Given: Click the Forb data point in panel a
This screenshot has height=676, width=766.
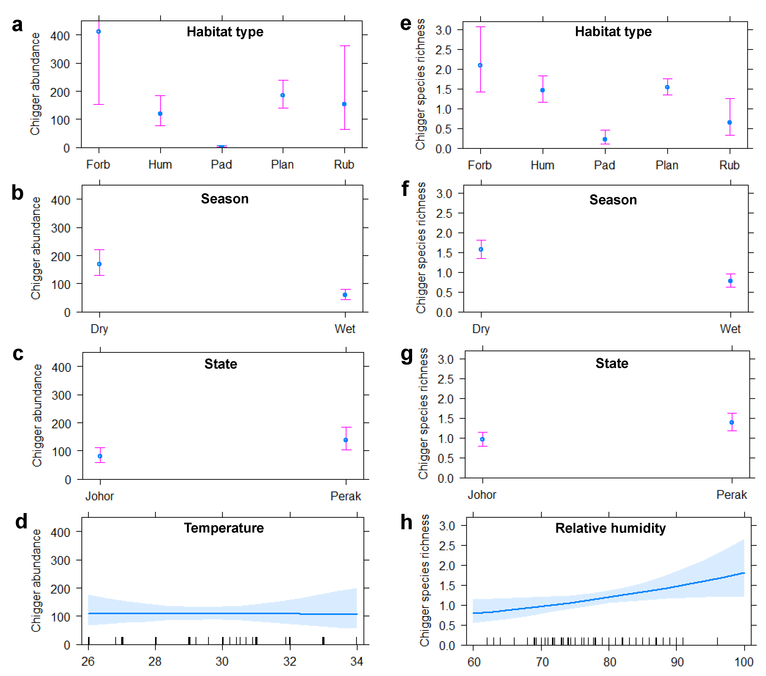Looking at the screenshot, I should pos(99,32).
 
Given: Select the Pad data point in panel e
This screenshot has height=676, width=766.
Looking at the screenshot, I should pos(605,139).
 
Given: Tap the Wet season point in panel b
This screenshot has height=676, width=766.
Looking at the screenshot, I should pos(345,295).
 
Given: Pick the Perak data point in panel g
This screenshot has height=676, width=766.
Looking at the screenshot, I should pos(732,422).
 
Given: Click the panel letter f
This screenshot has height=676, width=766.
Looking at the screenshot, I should pos(405,189).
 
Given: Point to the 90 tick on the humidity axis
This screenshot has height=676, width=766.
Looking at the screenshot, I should pos(677,662).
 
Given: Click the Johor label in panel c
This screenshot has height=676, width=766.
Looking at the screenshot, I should pos(99,496).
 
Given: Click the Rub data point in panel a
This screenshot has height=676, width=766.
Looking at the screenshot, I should pos(344,104).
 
